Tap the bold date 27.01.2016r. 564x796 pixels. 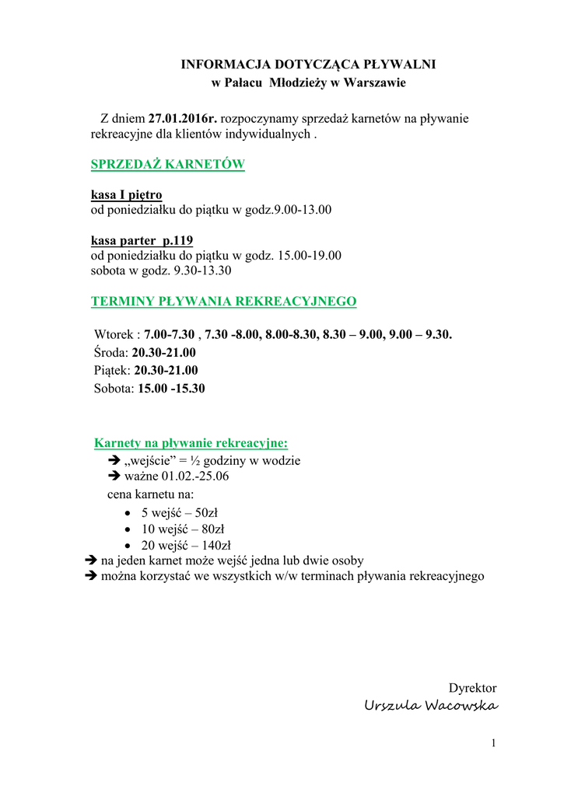click(x=184, y=119)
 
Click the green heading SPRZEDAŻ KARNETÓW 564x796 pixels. click(x=168, y=164)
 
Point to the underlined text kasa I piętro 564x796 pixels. click(x=127, y=194)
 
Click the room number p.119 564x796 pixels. click(x=177, y=239)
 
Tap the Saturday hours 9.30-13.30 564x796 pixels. click(x=202, y=271)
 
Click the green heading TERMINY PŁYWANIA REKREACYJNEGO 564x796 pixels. click(x=224, y=301)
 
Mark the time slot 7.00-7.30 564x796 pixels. click(x=170, y=334)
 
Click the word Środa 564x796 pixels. click(x=110, y=352)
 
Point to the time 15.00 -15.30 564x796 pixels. click(x=171, y=388)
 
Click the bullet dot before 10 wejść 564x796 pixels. click(x=128, y=529)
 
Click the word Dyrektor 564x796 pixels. click(x=472, y=688)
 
